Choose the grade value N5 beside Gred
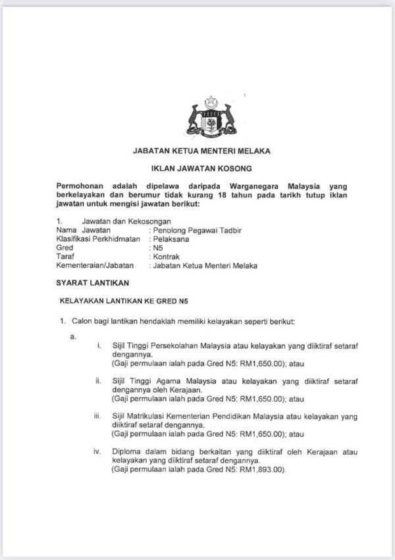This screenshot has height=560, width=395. [x=157, y=248]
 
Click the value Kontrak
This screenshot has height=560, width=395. [x=167, y=257]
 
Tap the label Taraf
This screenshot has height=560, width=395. [x=65, y=257]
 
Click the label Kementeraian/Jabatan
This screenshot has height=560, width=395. [x=95, y=265]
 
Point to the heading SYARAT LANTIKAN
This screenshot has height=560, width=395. [x=91, y=283]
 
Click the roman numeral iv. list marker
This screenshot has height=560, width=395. [x=97, y=452]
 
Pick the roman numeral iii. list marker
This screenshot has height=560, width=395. [x=97, y=417]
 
